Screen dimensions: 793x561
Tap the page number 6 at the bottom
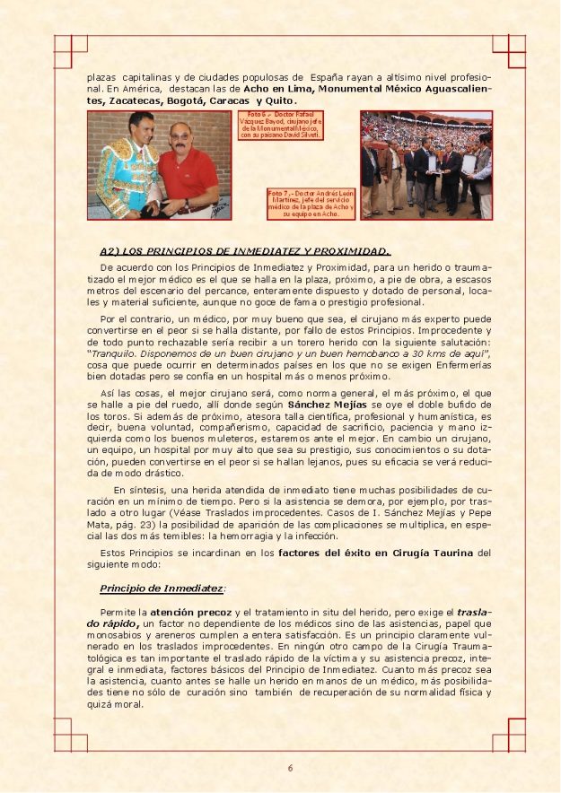coord(290,767)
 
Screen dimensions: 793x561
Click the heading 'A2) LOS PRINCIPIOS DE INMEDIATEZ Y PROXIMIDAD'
coord(244,250)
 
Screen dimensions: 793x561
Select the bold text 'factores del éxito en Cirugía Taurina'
coord(375,552)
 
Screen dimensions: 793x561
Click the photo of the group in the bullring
coord(426,165)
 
